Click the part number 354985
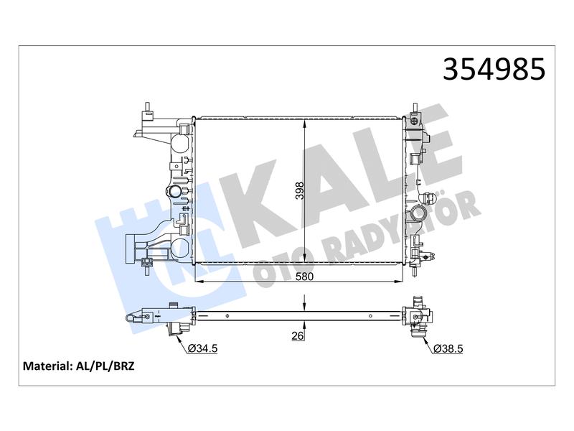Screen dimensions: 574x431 (x=494, y=69)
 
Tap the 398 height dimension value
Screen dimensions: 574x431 (x=299, y=190)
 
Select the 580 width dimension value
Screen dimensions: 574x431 (x=304, y=277)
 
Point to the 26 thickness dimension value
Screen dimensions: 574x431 (x=298, y=335)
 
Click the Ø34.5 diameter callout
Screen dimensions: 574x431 (x=202, y=348)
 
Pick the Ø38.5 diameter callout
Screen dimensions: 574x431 (x=448, y=348)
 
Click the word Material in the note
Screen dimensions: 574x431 (x=46, y=366)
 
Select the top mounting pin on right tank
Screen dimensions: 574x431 (x=415, y=109)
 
